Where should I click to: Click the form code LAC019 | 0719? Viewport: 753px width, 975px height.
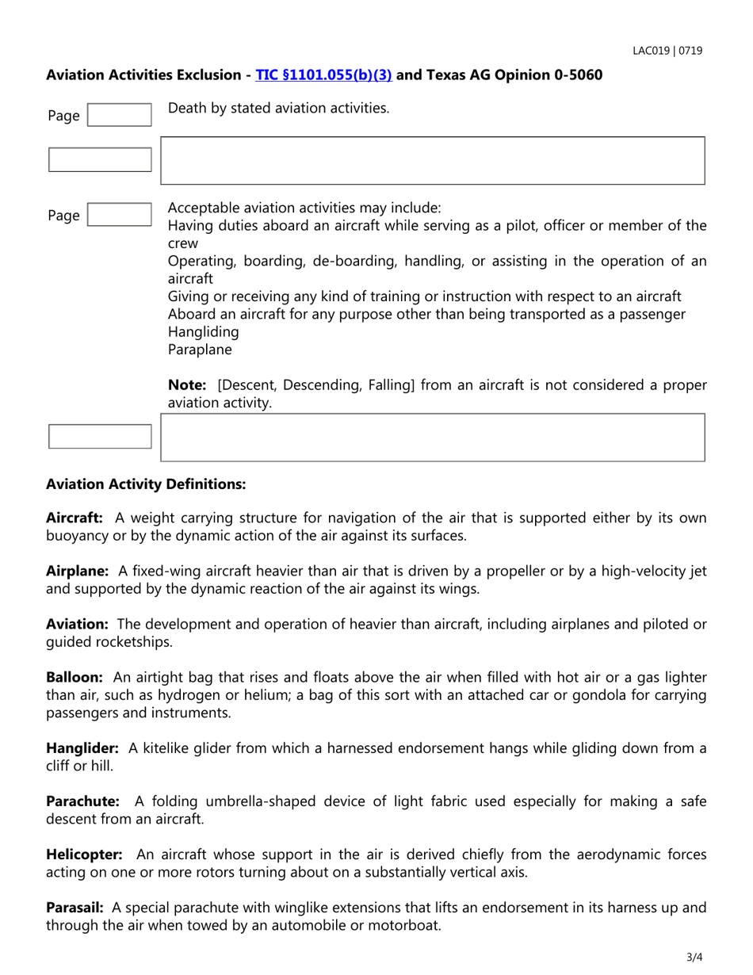667,51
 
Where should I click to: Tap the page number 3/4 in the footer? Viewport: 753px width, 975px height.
694,957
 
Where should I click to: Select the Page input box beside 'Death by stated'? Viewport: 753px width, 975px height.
118,115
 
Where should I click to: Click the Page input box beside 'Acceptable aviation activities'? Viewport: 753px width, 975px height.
118,215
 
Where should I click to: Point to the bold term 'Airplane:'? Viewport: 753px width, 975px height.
77,571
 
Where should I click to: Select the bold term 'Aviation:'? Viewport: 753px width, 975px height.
76,624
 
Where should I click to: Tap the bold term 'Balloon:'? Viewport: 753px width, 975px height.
75,677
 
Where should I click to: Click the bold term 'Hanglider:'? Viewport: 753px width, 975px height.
82,747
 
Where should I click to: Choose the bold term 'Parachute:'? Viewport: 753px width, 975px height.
82,801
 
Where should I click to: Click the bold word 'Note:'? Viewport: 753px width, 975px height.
187,385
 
